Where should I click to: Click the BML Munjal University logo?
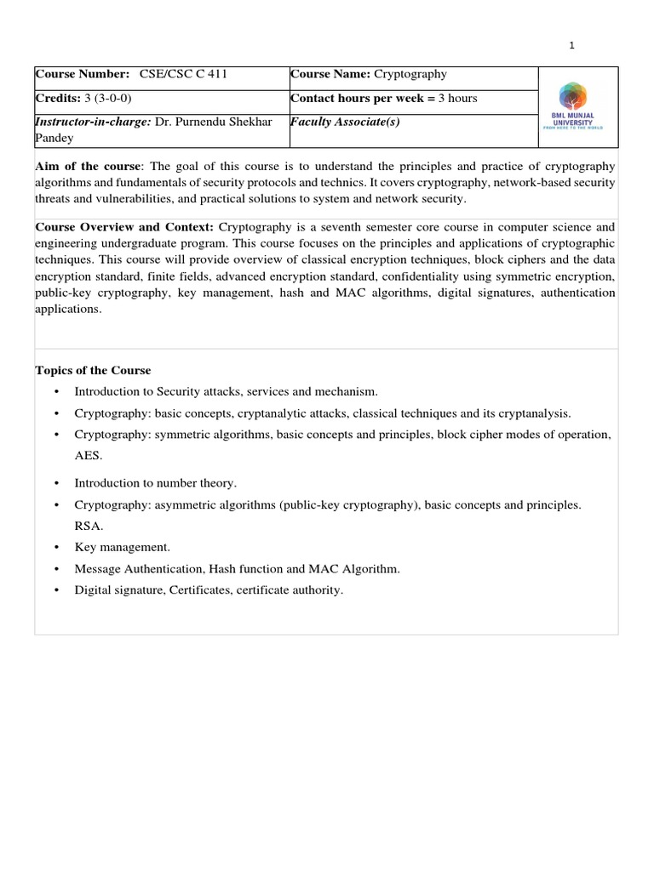coord(578,105)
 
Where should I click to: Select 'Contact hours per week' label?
coord(358,98)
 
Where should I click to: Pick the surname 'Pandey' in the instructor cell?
coord(54,138)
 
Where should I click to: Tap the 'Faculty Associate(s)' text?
coord(345,122)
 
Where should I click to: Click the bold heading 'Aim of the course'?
coord(86,166)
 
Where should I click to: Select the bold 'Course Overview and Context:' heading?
coord(125,227)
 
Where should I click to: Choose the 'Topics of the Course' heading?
coord(93,370)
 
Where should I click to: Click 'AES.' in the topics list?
coord(89,455)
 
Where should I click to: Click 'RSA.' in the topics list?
coord(89,526)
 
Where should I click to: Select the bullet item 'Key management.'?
coord(123,547)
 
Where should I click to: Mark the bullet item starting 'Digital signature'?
coord(209,590)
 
